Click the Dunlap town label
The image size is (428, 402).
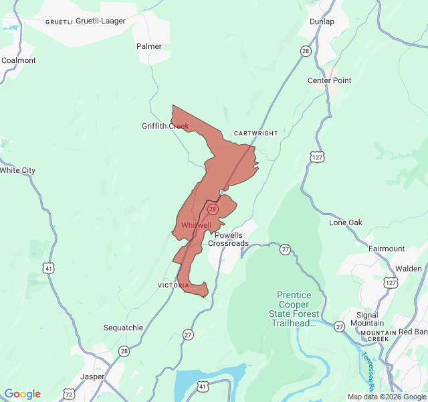click(x=322, y=21)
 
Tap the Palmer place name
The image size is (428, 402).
click(x=149, y=46)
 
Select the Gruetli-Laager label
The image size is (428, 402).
click(x=100, y=21)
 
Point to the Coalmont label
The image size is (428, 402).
click(x=18, y=60)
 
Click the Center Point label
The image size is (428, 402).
click(x=329, y=80)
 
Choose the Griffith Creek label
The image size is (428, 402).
click(x=165, y=126)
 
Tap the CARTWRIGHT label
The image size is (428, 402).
click(x=255, y=133)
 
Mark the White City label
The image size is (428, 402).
click(x=17, y=170)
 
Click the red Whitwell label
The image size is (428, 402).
click(x=196, y=225)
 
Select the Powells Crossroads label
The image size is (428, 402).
click(x=228, y=239)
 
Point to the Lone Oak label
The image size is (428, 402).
click(x=346, y=222)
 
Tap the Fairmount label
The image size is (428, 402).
click(x=387, y=249)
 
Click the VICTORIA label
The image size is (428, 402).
click(x=174, y=285)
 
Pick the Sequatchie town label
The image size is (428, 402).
click(x=123, y=328)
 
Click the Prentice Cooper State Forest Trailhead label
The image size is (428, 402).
click(x=294, y=310)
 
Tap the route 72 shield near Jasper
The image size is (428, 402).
click(x=70, y=394)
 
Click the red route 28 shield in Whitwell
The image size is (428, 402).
click(x=213, y=209)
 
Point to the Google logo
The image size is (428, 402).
click(x=23, y=394)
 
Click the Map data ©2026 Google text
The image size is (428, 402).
click(x=386, y=397)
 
